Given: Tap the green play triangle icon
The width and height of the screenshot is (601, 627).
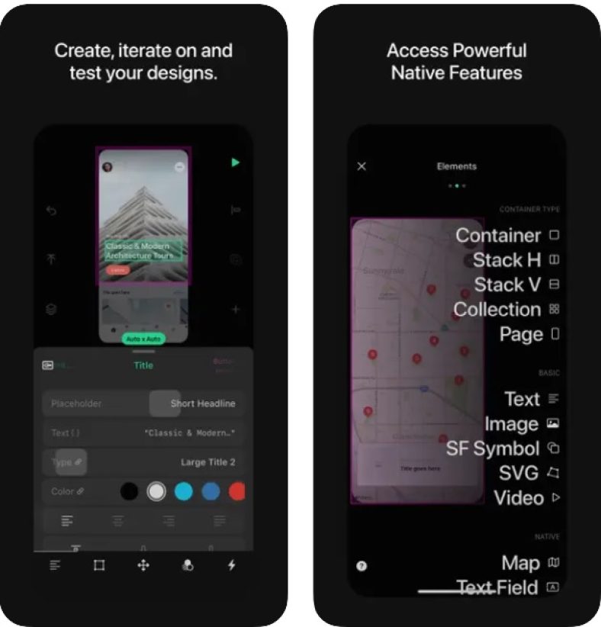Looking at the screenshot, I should coord(236,162).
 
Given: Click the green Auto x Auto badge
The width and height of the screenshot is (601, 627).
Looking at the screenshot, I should coord(143,339).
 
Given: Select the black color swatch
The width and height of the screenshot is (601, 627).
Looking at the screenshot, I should coord(130,491).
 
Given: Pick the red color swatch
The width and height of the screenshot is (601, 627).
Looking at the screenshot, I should coord(237,491).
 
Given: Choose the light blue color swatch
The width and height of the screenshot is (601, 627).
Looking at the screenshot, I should coord(183,491).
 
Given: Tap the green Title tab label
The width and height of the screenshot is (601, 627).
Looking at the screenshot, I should coord(143,365).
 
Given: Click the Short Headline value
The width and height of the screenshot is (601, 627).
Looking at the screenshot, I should coord(203,404).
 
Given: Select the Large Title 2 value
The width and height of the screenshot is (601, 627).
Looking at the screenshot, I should coord(207,462).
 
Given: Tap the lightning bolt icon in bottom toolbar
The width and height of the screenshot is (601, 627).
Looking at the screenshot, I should coord(232,565).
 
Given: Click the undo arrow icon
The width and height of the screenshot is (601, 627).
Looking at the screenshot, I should coord(51,211).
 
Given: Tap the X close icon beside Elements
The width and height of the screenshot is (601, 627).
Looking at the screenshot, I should coord(362,166).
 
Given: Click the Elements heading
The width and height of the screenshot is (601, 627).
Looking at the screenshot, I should coord(456,166).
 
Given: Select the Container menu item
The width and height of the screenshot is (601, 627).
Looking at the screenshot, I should coord(498,235).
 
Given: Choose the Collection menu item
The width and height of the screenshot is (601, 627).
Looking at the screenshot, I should coord(497,310).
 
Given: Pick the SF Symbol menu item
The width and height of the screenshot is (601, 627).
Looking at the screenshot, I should coord(493,449).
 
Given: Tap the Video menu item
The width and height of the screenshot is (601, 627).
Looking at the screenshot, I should coord(519,498).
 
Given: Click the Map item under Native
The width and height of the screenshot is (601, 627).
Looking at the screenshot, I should coord(521,564).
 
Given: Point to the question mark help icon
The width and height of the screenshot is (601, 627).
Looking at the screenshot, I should coord(362,566).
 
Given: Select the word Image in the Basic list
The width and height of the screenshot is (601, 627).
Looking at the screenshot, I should coord(511,424).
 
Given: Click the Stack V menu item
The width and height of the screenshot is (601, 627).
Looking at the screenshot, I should coord(507,285).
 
